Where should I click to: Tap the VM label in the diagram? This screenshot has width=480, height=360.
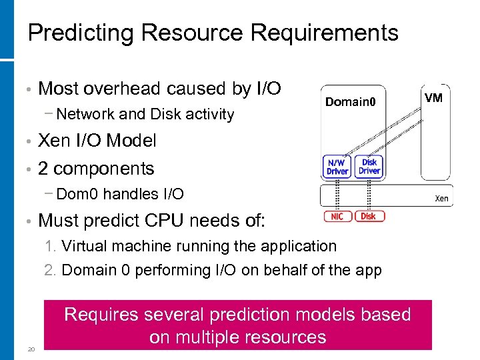coord(433,98)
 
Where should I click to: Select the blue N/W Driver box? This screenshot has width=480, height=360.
coord(337,167)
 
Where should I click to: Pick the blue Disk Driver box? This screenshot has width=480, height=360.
coord(369,167)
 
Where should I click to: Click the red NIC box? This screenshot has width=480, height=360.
coord(338,216)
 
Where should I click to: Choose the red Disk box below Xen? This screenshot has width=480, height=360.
coord(369,216)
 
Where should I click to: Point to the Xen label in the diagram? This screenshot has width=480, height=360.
coord(441,198)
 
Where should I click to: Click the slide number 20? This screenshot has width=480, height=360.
coord(31,349)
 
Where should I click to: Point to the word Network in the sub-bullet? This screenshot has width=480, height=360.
coord(86,114)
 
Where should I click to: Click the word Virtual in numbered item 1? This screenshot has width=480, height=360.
coord(83,246)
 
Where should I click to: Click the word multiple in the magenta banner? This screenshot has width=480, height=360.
coord(208,337)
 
